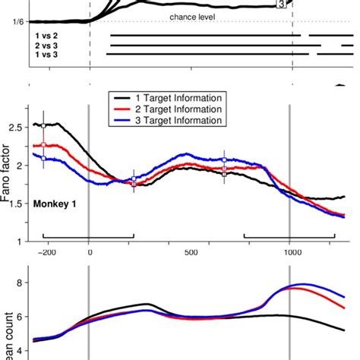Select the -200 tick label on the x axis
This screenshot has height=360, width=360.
(47, 254)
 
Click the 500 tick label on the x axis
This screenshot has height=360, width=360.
(190, 254)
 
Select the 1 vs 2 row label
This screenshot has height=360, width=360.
(46, 35)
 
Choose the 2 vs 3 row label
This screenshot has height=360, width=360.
(46, 44)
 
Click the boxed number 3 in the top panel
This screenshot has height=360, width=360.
(283, 5)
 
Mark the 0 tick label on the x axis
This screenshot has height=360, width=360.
(90, 254)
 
